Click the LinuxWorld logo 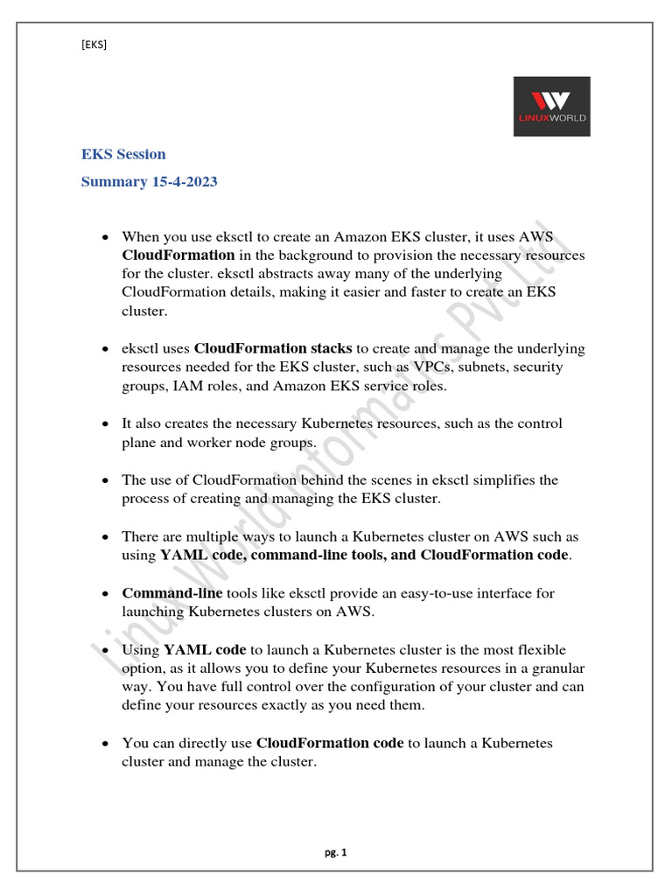[x=551, y=106]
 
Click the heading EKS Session [x=123, y=154]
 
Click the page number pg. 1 [x=335, y=854]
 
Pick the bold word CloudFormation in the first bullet [x=178, y=255]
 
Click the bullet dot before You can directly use [x=105, y=744]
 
